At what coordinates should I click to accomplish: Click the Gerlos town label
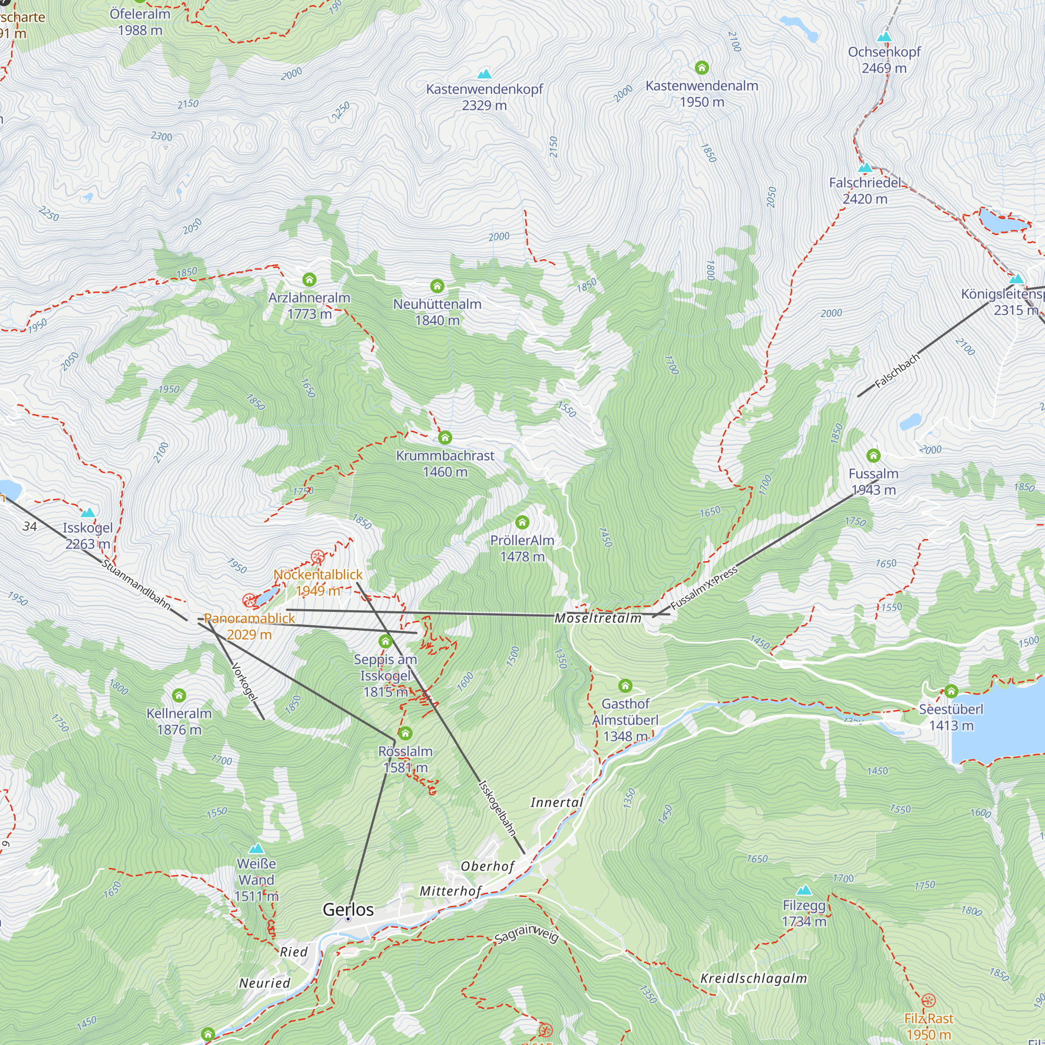(x=348, y=909)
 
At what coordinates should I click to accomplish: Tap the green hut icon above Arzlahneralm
(x=309, y=280)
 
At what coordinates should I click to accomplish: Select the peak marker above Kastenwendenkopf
(x=484, y=74)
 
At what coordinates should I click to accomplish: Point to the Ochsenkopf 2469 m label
(x=884, y=60)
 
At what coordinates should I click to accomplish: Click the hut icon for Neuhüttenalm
(x=437, y=286)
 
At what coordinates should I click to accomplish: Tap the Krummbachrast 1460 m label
(x=445, y=463)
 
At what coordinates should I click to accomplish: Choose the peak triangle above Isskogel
(x=88, y=512)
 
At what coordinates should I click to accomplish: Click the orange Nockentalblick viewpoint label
(x=318, y=582)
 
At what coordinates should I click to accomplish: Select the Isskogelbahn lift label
(x=497, y=808)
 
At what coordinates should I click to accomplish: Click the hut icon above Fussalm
(x=873, y=456)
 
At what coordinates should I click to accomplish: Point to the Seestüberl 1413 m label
(x=951, y=717)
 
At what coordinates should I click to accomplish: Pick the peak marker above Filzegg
(x=804, y=890)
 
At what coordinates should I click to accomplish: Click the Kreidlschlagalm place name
(x=753, y=978)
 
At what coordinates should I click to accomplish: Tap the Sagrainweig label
(x=526, y=934)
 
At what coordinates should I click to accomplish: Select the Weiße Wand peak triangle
(x=257, y=848)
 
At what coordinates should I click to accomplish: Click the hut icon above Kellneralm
(x=179, y=695)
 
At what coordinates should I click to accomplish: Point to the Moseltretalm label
(x=598, y=618)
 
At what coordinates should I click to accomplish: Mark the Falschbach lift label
(x=897, y=370)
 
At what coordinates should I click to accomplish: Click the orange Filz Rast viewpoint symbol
(x=928, y=1000)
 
